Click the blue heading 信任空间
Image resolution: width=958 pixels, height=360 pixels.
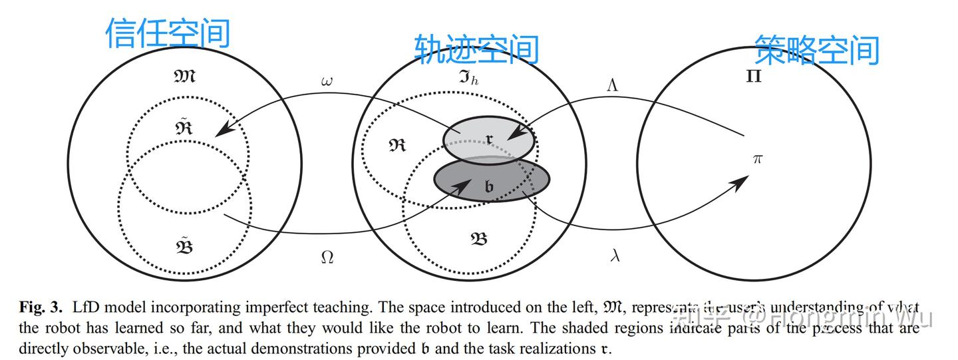point(168,33)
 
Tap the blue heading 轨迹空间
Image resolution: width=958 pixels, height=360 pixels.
point(476,49)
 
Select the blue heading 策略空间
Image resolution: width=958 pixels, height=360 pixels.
point(817,50)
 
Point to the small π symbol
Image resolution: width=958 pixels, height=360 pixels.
point(757,159)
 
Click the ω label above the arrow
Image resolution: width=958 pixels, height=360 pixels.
point(327,82)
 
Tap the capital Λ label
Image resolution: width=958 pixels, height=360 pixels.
point(613,85)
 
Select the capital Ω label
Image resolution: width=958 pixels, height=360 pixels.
point(327,258)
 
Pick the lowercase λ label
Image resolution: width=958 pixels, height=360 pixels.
point(615,255)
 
